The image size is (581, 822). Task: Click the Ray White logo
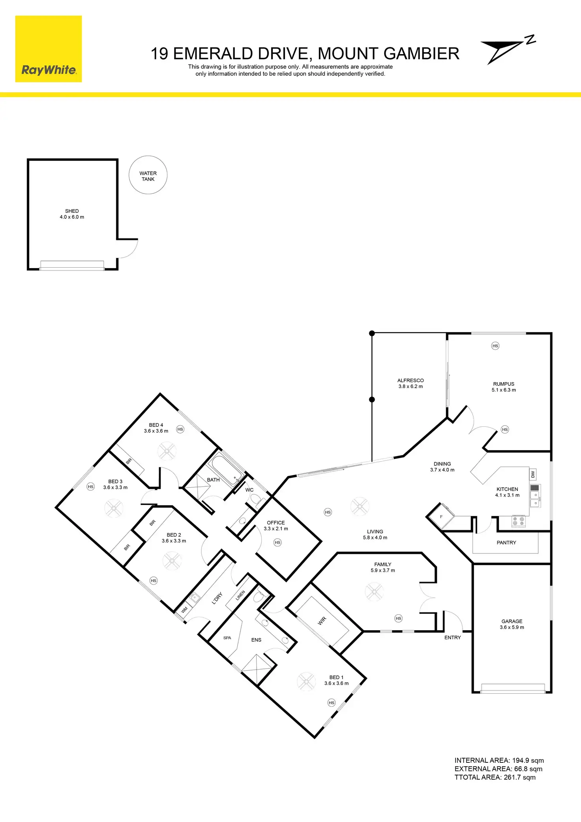point(49,49)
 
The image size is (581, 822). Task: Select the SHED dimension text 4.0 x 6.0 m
point(72,217)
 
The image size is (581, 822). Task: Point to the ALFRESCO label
point(410,381)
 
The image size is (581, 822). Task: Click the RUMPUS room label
point(504,384)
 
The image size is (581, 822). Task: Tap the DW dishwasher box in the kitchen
point(533,474)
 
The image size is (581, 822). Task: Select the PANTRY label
point(506,543)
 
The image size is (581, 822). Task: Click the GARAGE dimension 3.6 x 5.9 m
point(512,627)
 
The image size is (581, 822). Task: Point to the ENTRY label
point(453,638)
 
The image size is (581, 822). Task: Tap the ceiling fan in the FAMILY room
point(374,591)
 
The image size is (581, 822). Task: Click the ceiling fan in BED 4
point(167,451)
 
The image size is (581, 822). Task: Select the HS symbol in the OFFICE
point(277,542)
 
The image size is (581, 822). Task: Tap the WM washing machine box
point(184,610)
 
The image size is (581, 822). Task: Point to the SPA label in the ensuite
point(227,638)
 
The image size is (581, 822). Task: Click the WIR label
point(322,621)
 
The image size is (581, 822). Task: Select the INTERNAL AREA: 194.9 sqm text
point(499,760)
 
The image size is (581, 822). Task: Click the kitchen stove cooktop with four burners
point(519,522)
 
